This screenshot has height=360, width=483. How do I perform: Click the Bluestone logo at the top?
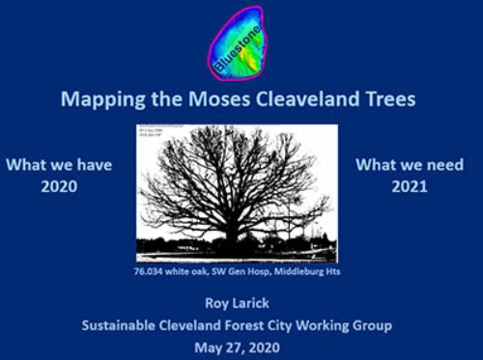point(236,42)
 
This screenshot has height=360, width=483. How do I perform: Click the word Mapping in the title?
point(95,98)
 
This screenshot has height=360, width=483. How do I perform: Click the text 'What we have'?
point(59,165)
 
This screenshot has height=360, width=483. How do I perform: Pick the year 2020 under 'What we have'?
point(59,186)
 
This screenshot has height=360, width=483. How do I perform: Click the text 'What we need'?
point(410,164)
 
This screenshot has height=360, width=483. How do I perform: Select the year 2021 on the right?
point(410,186)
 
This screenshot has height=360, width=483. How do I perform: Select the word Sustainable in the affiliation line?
point(122,325)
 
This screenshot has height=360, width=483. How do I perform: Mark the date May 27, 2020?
point(237,347)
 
